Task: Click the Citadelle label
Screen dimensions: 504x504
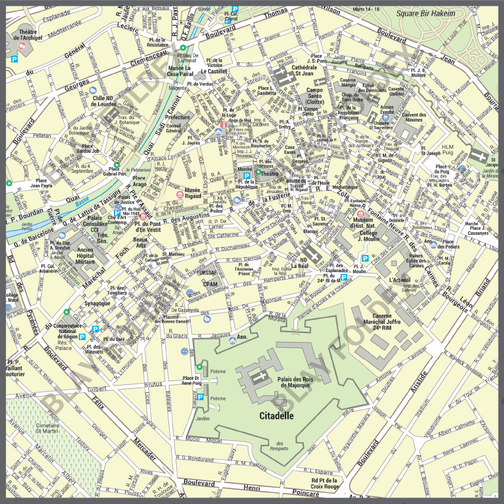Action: (x=276, y=414)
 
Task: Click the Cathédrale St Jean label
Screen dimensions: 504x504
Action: (x=304, y=71)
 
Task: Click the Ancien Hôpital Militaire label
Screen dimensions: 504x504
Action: (x=77, y=254)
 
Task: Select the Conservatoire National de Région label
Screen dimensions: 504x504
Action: (x=66, y=332)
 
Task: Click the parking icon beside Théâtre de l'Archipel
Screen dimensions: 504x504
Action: (x=14, y=59)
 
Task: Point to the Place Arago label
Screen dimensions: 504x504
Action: (x=140, y=181)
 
